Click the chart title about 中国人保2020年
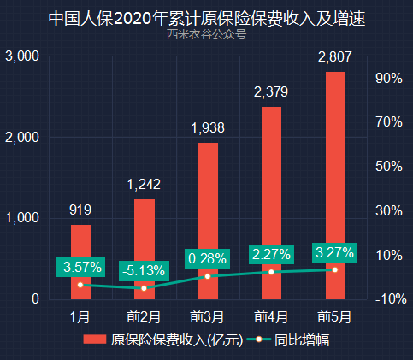(x=206, y=18)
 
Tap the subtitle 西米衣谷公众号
(x=206, y=35)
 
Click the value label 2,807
(x=334, y=58)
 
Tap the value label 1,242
(x=145, y=185)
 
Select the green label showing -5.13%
(x=145, y=269)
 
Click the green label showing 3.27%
(x=334, y=252)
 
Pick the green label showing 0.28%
(x=208, y=258)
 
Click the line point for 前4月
(x=271, y=272)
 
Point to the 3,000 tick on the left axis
(x=22, y=56)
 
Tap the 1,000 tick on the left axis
(x=22, y=218)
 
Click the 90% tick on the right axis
(x=388, y=79)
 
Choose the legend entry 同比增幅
(x=291, y=339)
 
